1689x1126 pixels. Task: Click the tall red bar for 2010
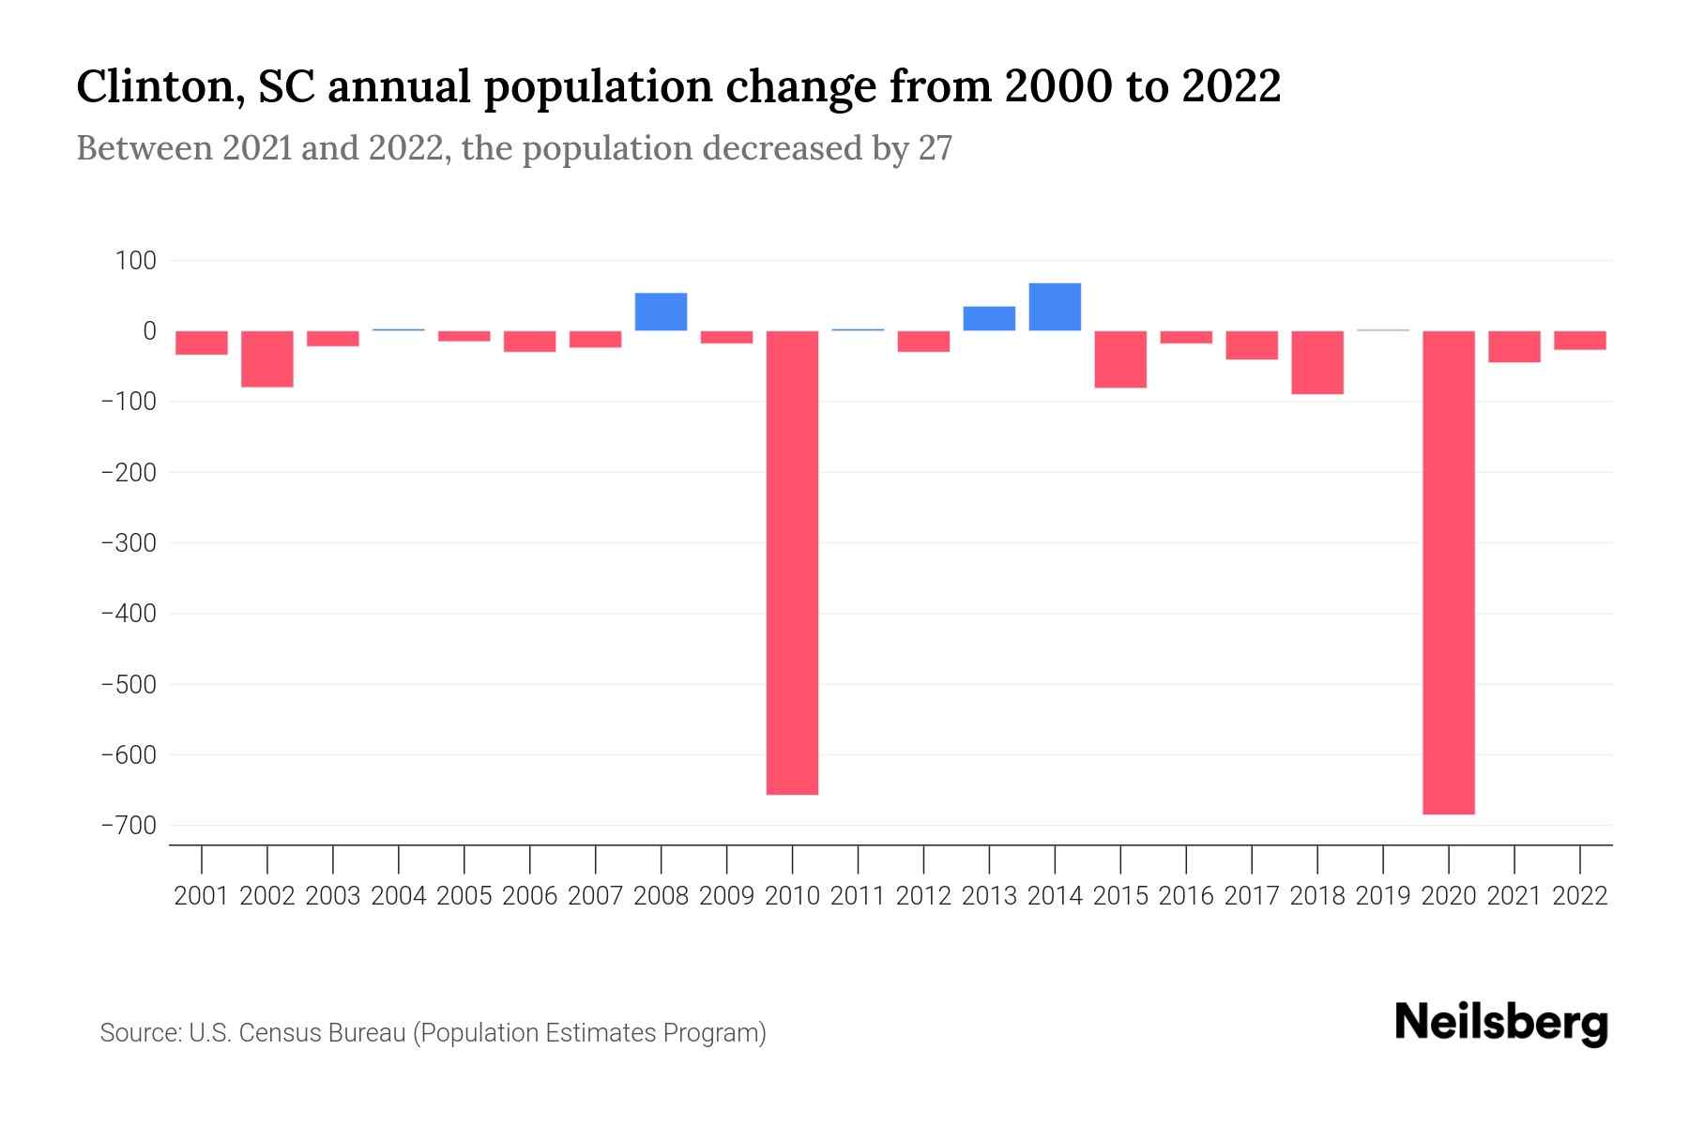[792, 563]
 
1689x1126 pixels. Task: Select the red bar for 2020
[1448, 572]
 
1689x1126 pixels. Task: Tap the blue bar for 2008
[661, 312]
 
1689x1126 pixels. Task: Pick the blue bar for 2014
[1055, 307]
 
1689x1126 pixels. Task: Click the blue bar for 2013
[989, 319]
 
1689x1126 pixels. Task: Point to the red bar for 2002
[267, 358]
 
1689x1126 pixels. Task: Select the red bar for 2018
[1317, 362]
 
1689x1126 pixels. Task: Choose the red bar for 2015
[1120, 359]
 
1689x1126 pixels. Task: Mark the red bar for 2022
[1580, 341]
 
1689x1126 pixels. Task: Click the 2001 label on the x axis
[202, 896]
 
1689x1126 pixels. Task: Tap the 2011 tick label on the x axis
[858, 896]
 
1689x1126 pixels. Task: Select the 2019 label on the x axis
[1383, 896]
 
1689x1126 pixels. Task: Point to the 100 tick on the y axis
[136, 261]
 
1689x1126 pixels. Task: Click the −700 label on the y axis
[129, 826]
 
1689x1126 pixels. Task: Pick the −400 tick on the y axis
[129, 614]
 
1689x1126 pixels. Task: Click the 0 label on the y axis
[149, 331]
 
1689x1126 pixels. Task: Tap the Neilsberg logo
[1501, 1024]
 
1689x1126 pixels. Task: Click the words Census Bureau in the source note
[322, 1033]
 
